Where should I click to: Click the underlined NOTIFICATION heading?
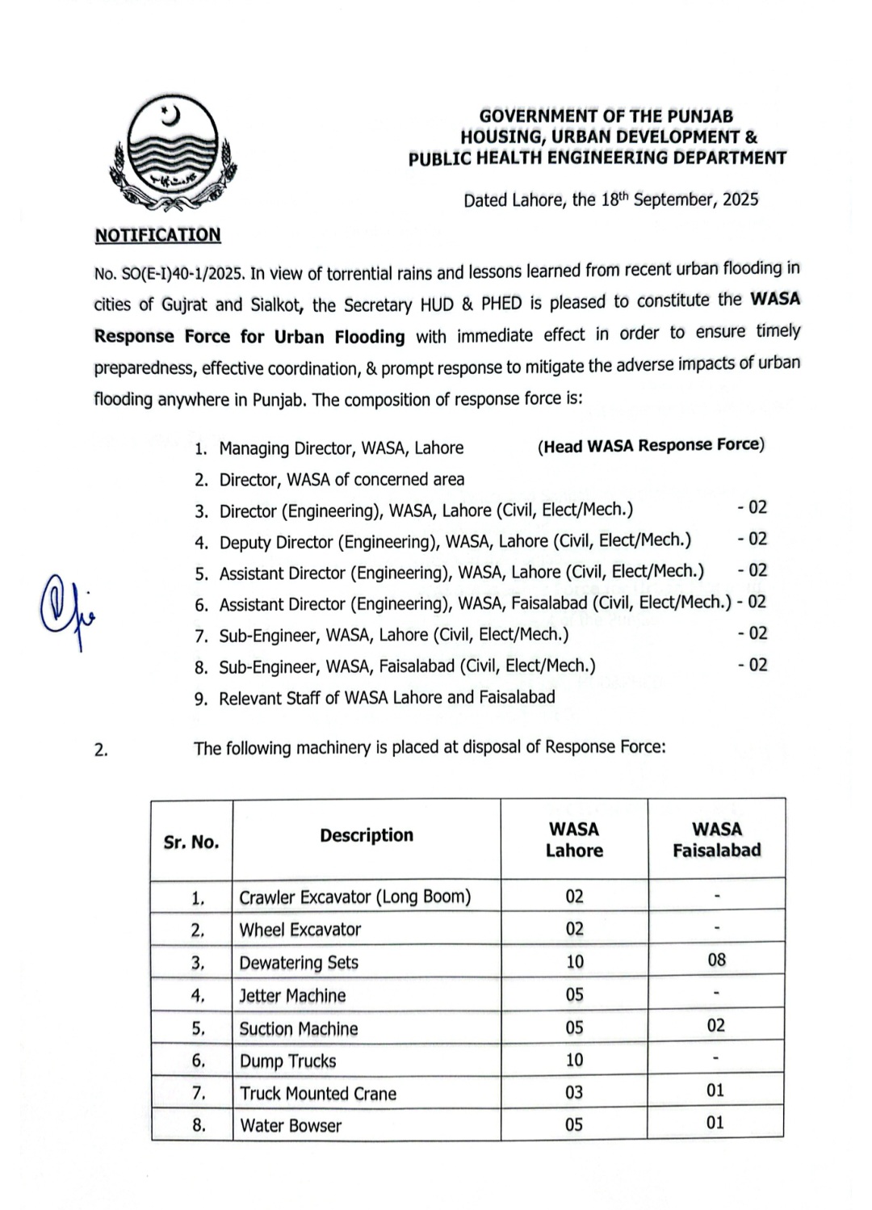(157, 235)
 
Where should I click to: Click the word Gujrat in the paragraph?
(185, 305)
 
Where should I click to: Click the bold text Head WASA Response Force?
(651, 445)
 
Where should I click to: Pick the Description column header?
(366, 835)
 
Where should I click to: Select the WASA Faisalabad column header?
(716, 839)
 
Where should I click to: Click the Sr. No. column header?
(191, 842)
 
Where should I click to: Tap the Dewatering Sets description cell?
(299, 963)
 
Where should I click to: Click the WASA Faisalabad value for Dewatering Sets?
(716, 960)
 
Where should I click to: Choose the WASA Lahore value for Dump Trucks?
(574, 1060)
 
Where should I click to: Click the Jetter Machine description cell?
(292, 996)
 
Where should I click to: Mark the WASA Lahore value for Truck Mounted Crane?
(574, 1093)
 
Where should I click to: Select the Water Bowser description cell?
(291, 1126)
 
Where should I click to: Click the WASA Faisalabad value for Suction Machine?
(716, 1026)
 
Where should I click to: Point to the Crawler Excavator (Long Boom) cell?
(354, 897)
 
